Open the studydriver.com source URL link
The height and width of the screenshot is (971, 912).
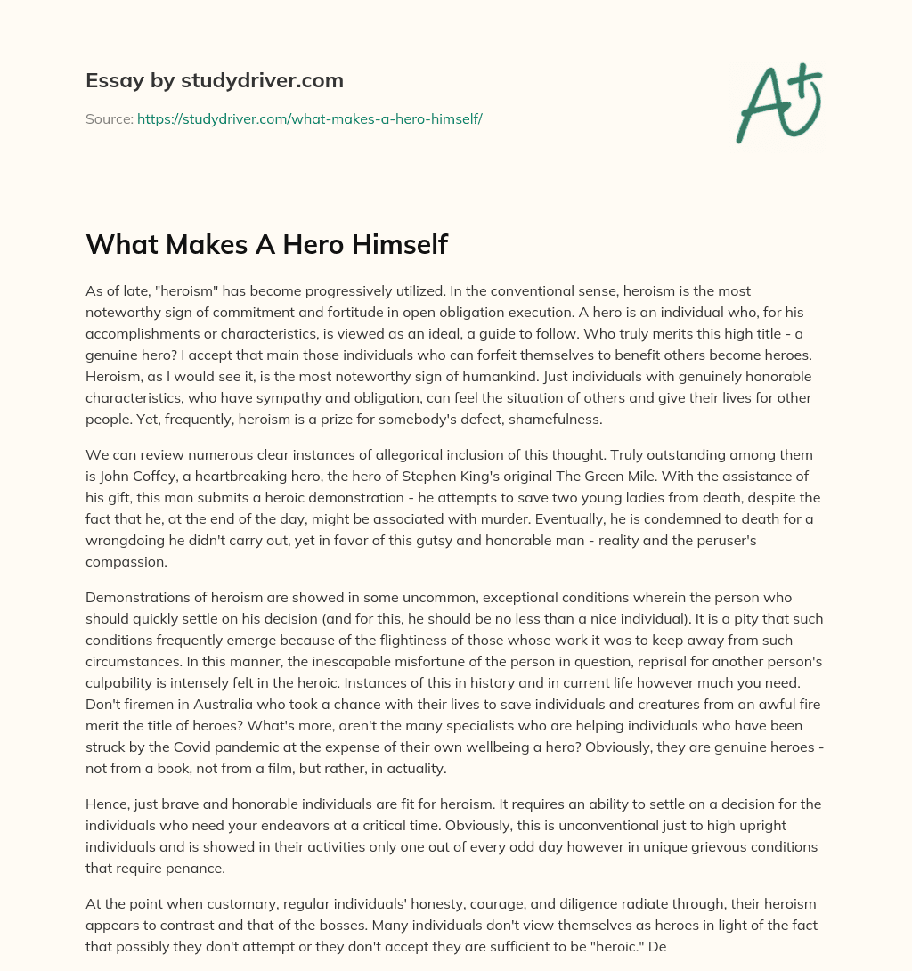click(x=309, y=118)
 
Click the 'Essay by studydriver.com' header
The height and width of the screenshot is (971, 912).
click(x=214, y=80)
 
